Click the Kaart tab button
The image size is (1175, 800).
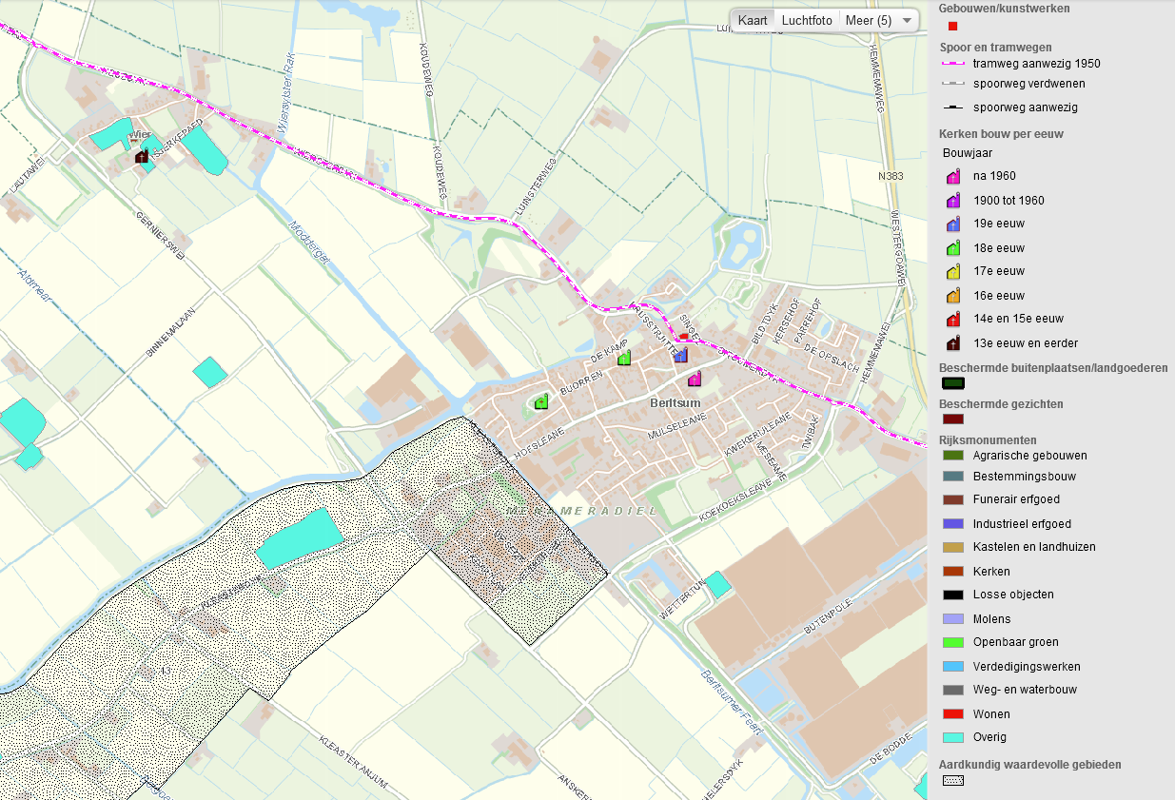pyautogui.click(x=753, y=20)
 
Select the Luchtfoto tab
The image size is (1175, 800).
pyautogui.click(x=807, y=20)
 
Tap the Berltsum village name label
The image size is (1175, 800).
pyautogui.click(x=675, y=402)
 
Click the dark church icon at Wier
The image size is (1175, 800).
pyautogui.click(x=142, y=155)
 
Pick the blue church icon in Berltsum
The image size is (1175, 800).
pyautogui.click(x=680, y=355)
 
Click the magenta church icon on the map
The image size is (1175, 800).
pyautogui.click(x=695, y=379)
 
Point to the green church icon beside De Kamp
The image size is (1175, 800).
pyautogui.click(x=624, y=358)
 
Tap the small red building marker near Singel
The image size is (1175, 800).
pyautogui.click(x=683, y=337)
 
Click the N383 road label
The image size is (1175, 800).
pyautogui.click(x=891, y=176)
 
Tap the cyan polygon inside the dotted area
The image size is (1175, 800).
pyautogui.click(x=299, y=537)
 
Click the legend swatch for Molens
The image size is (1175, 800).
pyautogui.click(x=952, y=619)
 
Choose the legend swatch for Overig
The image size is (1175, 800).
pyautogui.click(x=952, y=737)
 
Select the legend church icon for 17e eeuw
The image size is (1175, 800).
pyautogui.click(x=952, y=272)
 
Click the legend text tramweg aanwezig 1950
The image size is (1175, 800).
pyautogui.click(x=1036, y=64)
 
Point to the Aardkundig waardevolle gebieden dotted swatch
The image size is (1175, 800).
pyautogui.click(x=952, y=782)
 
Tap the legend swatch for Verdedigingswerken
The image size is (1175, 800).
pyautogui.click(x=952, y=667)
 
